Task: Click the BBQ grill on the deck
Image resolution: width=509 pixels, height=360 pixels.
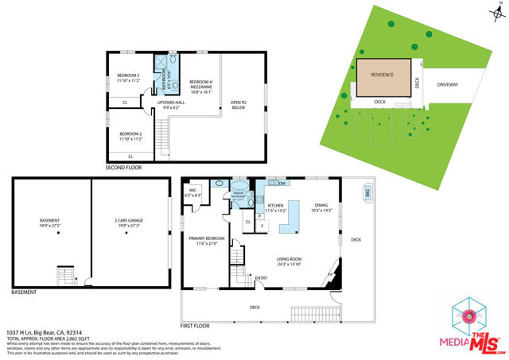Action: pos(368,193)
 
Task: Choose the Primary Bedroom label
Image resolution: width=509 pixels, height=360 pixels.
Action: pos(206,240)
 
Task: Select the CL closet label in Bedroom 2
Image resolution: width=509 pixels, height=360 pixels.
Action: pos(130,157)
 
